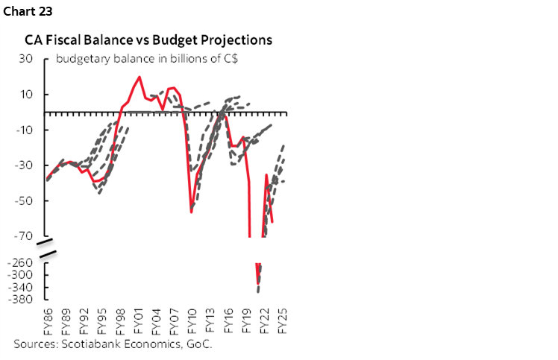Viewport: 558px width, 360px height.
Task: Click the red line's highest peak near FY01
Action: click(x=139, y=77)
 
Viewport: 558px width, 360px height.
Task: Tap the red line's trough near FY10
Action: click(x=192, y=212)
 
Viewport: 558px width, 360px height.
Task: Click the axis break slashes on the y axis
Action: click(x=48, y=249)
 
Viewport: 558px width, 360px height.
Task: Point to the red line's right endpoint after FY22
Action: click(x=272, y=222)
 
